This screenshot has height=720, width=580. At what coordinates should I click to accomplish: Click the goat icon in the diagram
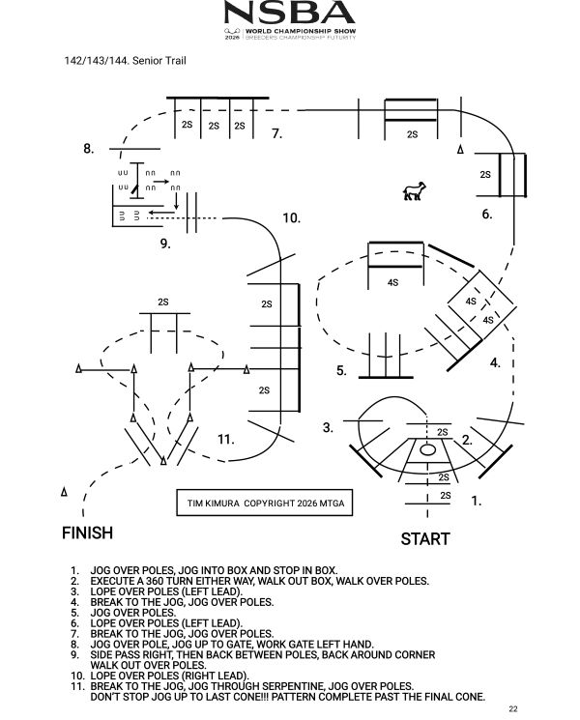tap(415, 191)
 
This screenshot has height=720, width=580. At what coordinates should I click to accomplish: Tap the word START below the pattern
tap(424, 538)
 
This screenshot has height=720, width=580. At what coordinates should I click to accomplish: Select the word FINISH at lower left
tap(87, 533)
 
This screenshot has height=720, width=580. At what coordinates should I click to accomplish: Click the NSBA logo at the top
tap(290, 20)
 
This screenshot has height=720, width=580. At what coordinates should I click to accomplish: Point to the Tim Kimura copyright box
tap(265, 503)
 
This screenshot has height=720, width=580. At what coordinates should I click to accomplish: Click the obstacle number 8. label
tap(89, 149)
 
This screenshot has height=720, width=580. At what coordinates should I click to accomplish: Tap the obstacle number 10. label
tap(291, 217)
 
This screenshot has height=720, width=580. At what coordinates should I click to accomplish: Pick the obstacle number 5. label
tap(341, 370)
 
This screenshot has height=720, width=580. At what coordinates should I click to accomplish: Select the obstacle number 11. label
tap(225, 440)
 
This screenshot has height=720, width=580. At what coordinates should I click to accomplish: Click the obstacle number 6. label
tap(487, 214)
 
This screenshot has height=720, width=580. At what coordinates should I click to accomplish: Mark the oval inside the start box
tap(427, 449)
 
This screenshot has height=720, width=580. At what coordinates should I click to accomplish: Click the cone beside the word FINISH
tap(64, 491)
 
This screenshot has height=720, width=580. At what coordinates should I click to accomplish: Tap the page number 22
tap(513, 708)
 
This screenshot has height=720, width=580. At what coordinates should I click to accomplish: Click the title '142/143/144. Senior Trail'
tap(125, 61)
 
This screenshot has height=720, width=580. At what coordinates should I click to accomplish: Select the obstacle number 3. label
tap(328, 427)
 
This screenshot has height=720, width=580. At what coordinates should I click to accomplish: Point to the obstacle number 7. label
tap(276, 133)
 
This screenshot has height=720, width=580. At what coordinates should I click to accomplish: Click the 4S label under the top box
tap(392, 282)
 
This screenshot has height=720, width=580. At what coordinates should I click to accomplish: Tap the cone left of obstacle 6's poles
tap(460, 149)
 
